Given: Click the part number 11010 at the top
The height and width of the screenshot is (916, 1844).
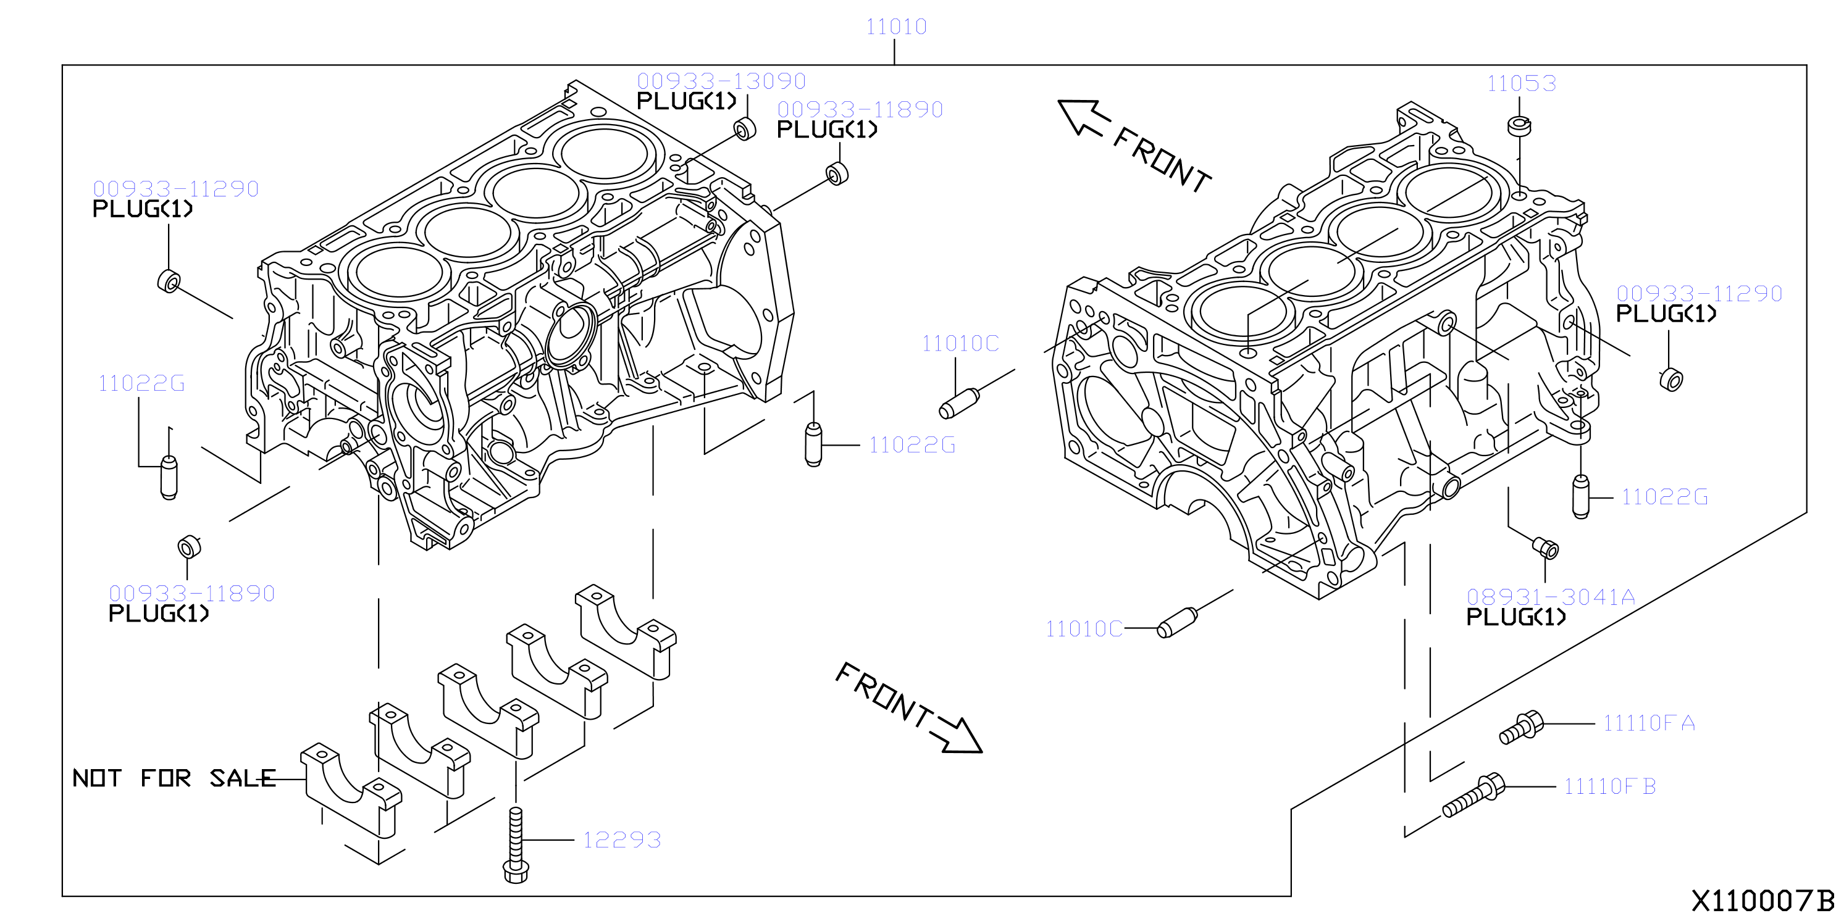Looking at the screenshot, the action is tap(896, 27).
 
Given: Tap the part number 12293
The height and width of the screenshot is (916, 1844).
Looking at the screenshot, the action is tap(621, 839).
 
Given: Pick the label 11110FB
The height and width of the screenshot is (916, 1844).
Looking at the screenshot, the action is tap(1609, 786).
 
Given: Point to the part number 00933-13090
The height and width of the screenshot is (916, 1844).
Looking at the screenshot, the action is tap(721, 81).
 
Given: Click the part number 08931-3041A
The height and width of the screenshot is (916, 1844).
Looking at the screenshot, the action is tap(1551, 597).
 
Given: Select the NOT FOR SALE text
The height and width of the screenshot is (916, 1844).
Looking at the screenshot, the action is tap(174, 778).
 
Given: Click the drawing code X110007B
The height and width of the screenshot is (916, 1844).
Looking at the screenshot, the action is tap(1762, 900).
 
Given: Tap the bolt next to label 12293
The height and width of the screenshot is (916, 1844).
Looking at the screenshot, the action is tap(516, 845).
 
